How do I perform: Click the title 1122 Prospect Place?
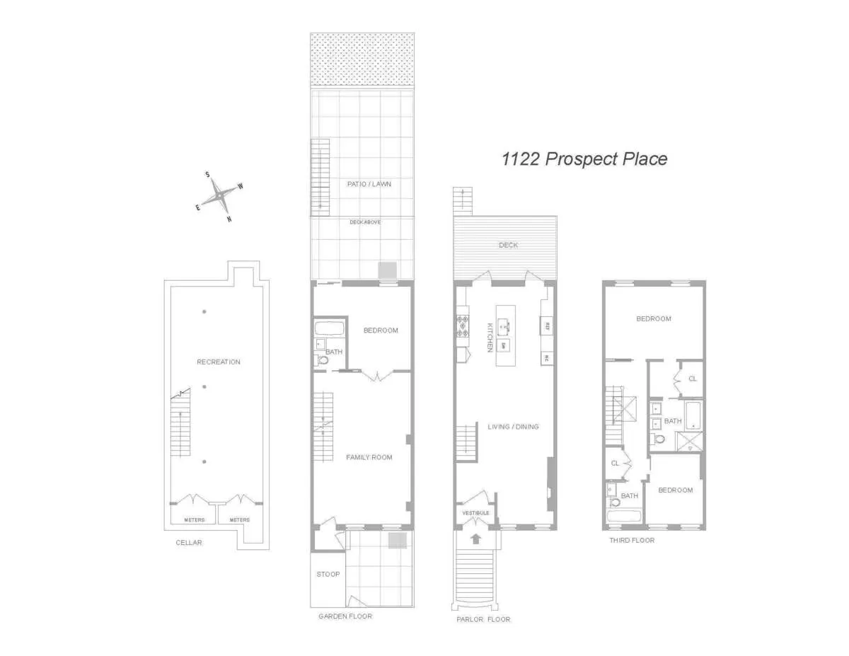tap(584, 159)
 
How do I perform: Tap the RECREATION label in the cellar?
tap(219, 362)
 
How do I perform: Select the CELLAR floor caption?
tap(189, 543)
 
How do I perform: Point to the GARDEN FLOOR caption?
tap(345, 616)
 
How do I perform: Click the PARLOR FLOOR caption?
tap(484, 619)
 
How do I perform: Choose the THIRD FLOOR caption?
tap(632, 540)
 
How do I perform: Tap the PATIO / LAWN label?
tap(369, 184)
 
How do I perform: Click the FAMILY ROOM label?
tap(369, 457)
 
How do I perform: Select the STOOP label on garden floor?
tap(328, 574)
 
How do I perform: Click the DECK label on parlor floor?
tap(508, 245)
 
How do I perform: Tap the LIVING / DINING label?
tap(513, 427)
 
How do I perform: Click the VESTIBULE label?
tap(475, 512)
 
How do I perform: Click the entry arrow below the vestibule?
tap(476, 539)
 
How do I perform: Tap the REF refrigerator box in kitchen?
tap(547, 327)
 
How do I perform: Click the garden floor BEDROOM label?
tap(381, 330)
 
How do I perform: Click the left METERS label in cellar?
tap(195, 520)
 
